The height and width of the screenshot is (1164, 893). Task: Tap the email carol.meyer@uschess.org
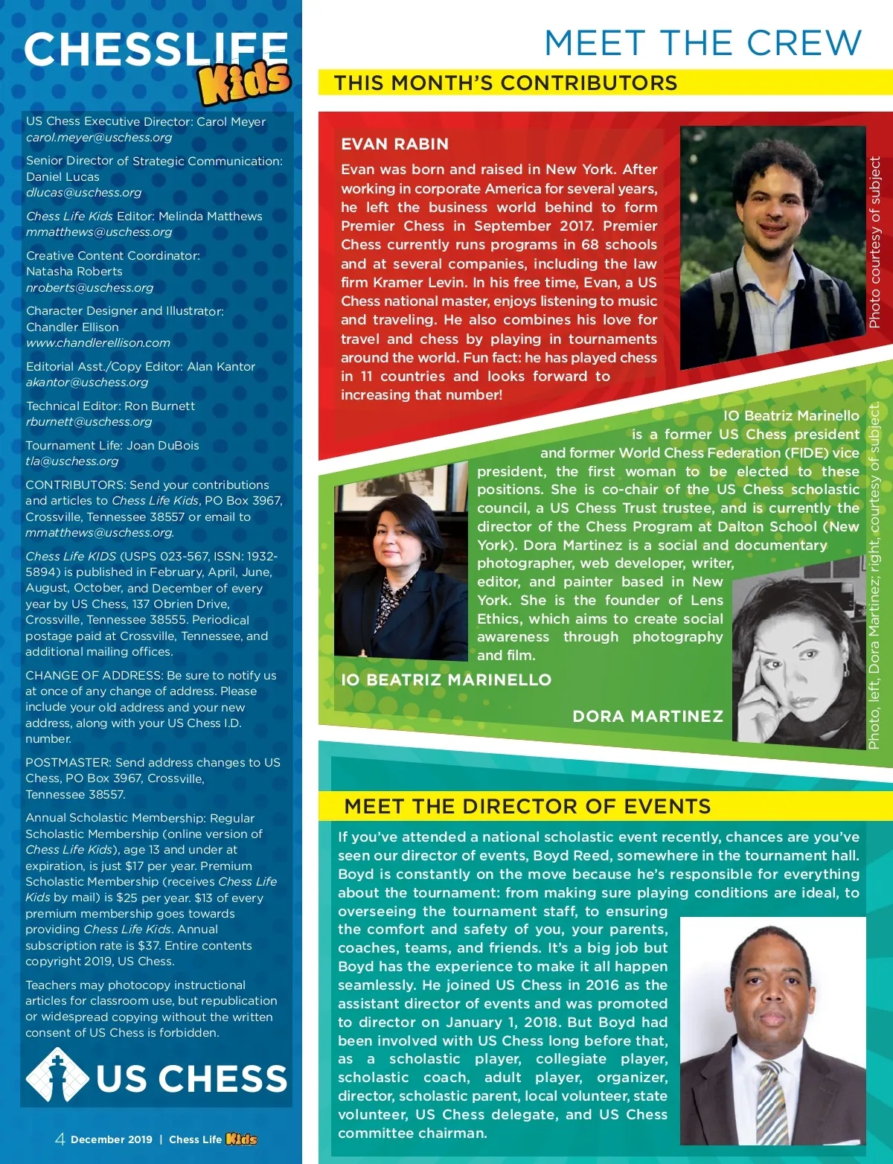click(x=99, y=138)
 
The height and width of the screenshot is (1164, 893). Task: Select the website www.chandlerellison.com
click(x=98, y=343)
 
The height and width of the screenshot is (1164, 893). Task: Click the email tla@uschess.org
click(x=72, y=461)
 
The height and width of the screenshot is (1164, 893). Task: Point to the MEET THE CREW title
click(x=702, y=43)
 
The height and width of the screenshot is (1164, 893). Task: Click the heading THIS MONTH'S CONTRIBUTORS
click(x=505, y=83)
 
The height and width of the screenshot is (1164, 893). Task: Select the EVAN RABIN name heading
click(x=394, y=144)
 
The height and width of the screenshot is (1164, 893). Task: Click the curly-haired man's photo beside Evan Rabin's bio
click(x=772, y=248)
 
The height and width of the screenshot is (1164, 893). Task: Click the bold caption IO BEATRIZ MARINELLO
click(x=446, y=679)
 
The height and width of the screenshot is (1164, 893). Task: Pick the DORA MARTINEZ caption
click(x=647, y=717)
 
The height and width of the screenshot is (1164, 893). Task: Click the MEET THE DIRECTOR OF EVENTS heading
click(x=527, y=807)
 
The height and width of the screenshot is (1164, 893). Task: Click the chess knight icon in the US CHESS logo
click(x=57, y=1076)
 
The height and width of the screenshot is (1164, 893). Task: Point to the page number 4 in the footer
click(x=60, y=1139)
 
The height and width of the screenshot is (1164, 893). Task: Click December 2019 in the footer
click(x=112, y=1139)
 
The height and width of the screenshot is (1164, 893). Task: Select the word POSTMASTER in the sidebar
click(x=67, y=763)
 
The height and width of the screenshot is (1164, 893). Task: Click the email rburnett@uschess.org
click(x=89, y=422)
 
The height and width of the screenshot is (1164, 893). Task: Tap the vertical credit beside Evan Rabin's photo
click(x=875, y=242)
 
